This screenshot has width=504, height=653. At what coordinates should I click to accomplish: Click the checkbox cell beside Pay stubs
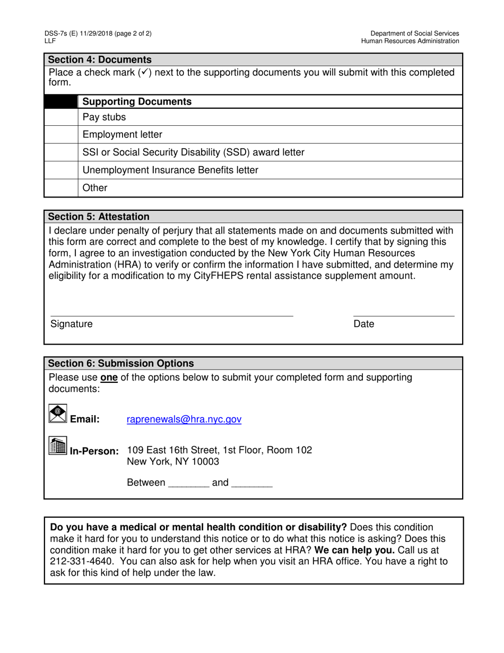coord(61,117)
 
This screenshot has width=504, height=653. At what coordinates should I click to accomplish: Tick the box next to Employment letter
coord(61,135)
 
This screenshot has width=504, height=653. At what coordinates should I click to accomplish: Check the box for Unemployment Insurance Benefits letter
coord(61,170)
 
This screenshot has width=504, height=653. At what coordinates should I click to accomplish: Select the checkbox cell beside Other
coord(61,188)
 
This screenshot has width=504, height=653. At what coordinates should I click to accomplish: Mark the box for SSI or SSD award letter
coord(61,152)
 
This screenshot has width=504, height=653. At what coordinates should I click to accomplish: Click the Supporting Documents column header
coord(137,101)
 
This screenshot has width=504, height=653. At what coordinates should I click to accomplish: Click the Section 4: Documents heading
coord(100,59)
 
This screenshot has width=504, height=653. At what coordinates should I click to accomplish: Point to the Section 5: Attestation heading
coord(99,217)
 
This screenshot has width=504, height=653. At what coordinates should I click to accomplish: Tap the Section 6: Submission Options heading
coord(121,364)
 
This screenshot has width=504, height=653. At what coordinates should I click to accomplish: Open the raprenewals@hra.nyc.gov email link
coord(184,419)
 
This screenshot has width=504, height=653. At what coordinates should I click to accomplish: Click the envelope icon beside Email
coord(58,414)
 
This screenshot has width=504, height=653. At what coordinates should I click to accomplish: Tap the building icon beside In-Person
coord(58,445)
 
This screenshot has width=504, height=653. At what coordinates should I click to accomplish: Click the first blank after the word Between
coord(188,484)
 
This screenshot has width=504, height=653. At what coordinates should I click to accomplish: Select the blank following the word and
coord(252,484)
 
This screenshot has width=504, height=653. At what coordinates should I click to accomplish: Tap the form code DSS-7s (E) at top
coord(63,33)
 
